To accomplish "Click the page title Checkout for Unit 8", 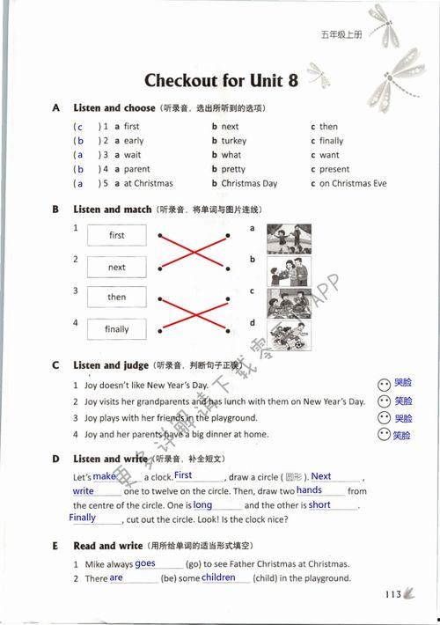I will (x=221, y=81).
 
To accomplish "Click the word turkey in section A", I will (x=234, y=141).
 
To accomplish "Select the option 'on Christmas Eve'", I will (x=352, y=184).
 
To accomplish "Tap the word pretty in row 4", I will (x=233, y=169).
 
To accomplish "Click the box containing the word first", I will (x=117, y=235).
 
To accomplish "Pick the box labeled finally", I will (x=117, y=329).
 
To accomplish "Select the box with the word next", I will (x=117, y=267).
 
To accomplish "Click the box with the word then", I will (x=117, y=298).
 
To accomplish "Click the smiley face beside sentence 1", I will (x=383, y=385).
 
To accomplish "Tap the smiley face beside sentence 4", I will (x=383, y=435).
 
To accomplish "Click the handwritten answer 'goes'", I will (x=145, y=563).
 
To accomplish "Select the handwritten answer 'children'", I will (x=218, y=577).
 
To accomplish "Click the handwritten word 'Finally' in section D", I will (x=83, y=518).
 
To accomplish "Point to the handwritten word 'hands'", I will (x=309, y=489).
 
